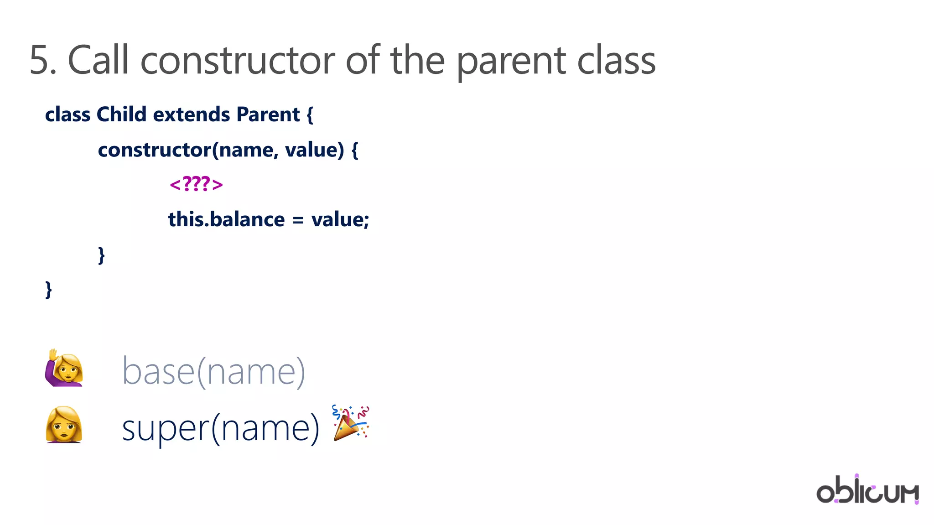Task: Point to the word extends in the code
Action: pos(191,114)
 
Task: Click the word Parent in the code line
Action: pos(268,114)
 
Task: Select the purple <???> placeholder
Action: pos(196,184)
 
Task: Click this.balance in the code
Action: pos(226,219)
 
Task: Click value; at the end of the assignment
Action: pos(340,219)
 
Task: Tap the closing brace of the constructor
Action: pos(101,255)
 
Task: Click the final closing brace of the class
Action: pos(48,290)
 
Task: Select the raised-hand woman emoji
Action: pos(64,369)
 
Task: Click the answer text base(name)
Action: pos(213,371)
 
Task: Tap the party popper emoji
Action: pos(350,422)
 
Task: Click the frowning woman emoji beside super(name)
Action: pos(64,425)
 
